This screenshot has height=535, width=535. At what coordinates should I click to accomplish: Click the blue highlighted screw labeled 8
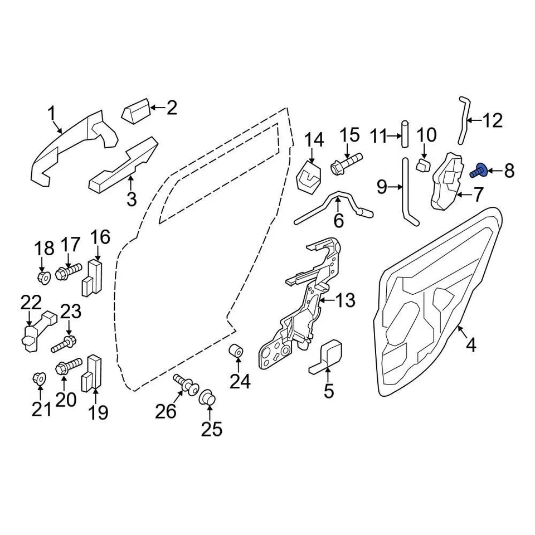click(479, 171)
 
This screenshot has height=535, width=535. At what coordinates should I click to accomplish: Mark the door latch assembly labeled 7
click(449, 181)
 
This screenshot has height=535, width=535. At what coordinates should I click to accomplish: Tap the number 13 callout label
click(346, 301)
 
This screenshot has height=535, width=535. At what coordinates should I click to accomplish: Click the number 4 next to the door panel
click(471, 346)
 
